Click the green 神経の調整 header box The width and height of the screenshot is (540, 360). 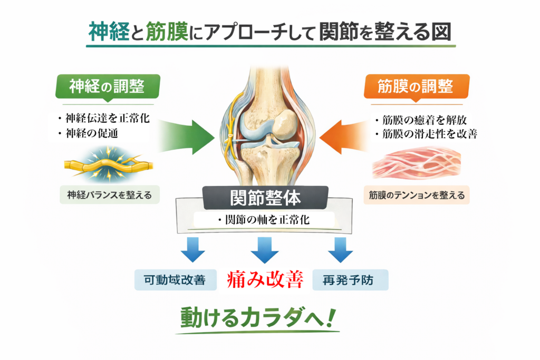click(x=107, y=85)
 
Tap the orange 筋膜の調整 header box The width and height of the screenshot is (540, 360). click(x=417, y=85)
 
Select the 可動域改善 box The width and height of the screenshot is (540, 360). click(x=177, y=279)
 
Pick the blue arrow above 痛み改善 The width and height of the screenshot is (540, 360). click(x=265, y=249)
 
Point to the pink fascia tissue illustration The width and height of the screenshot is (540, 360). click(x=417, y=163)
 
